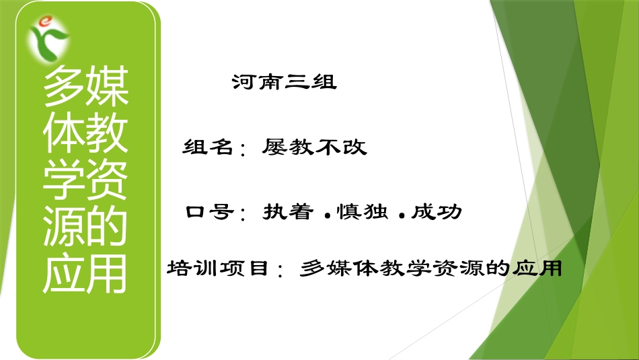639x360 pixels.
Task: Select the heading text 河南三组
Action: tap(284, 83)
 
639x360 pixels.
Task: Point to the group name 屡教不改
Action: tap(315, 147)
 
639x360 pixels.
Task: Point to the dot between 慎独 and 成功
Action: tap(401, 216)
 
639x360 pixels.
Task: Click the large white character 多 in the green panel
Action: tap(63, 86)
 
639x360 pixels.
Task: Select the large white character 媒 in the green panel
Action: tap(106, 86)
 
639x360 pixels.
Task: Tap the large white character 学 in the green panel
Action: tap(63, 180)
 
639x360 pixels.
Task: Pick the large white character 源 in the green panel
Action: tap(63, 227)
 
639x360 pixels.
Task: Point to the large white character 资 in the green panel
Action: tap(106, 180)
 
